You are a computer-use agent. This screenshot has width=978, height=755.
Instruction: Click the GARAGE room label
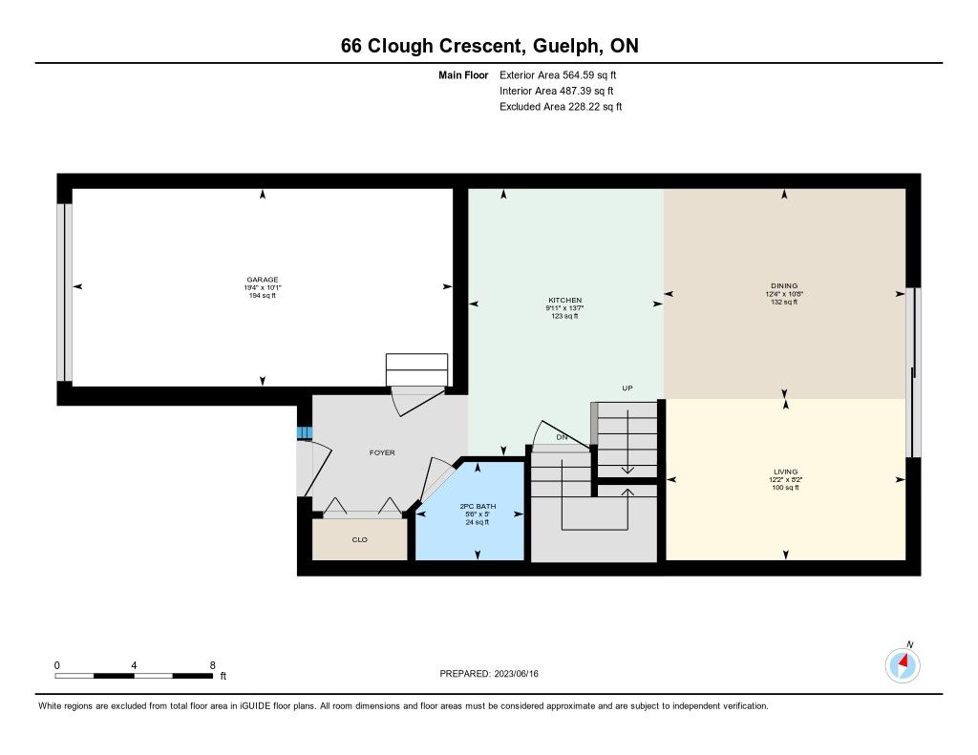(x=262, y=280)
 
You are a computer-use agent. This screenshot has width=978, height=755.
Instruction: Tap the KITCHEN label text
(x=565, y=301)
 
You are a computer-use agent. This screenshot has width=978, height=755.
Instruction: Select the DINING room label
(x=784, y=286)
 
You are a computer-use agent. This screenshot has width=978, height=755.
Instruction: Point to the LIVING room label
(x=785, y=472)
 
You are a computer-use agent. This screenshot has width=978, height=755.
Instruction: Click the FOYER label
(x=382, y=452)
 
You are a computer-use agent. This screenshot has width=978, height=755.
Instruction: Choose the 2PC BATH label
(x=478, y=506)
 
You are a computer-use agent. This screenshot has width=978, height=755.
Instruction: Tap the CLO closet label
(x=359, y=539)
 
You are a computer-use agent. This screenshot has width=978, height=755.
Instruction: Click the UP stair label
(x=627, y=388)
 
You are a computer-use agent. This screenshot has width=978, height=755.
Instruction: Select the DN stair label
(x=562, y=437)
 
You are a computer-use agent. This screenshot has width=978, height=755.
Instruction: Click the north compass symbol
(x=903, y=664)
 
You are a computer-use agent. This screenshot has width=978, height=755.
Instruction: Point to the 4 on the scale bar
(x=134, y=665)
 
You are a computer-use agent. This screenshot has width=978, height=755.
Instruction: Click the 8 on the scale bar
(x=213, y=665)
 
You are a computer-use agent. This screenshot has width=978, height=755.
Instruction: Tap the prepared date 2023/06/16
(x=516, y=673)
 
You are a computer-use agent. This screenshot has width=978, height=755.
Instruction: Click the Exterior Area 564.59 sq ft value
(x=558, y=74)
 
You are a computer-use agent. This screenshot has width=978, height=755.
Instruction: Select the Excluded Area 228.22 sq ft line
(x=561, y=107)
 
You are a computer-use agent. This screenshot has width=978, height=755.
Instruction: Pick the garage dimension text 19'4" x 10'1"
(x=262, y=287)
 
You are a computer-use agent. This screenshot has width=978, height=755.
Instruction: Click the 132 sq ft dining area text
(x=784, y=302)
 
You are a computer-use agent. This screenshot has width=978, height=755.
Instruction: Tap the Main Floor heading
(x=463, y=74)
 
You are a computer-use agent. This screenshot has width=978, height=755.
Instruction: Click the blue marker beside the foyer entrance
(x=304, y=432)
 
